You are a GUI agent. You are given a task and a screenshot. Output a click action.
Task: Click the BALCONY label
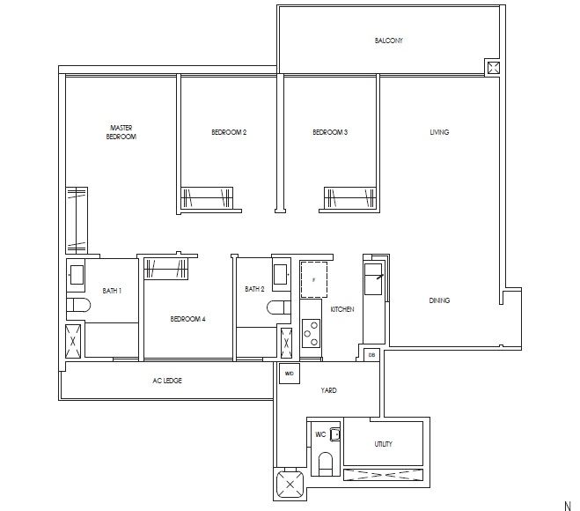pyautogui.click(x=388, y=41)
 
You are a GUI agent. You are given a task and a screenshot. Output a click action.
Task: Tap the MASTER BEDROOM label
pyautogui.click(x=121, y=132)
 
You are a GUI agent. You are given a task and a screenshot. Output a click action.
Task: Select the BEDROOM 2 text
pyautogui.click(x=229, y=132)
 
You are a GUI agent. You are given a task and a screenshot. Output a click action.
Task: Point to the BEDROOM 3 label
pyautogui.click(x=330, y=132)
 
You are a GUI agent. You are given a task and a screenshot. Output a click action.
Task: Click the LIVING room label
pyautogui.click(x=439, y=132)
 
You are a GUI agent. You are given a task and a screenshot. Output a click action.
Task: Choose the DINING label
pyautogui.click(x=439, y=300)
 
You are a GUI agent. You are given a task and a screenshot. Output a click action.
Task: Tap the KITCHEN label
pyautogui.click(x=342, y=310)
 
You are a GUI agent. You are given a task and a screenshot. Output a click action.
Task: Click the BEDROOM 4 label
pyautogui.click(x=187, y=319)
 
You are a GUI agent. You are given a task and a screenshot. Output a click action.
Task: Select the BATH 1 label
pyautogui.click(x=112, y=290)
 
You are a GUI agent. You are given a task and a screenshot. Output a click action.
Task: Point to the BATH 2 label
pyautogui.click(x=255, y=289)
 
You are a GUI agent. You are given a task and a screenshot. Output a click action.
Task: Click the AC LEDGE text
pyautogui.click(x=167, y=381)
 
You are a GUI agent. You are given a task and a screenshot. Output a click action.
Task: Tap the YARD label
pyautogui.click(x=328, y=390)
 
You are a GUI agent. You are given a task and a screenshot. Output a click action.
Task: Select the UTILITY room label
pyautogui.click(x=383, y=445)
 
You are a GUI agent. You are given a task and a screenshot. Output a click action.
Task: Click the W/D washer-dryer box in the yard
pyautogui.click(x=289, y=374)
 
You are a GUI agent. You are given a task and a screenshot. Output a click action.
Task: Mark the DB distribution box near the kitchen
pyautogui.click(x=371, y=354)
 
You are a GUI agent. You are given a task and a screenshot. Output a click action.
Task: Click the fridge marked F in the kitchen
pyautogui.click(x=314, y=278)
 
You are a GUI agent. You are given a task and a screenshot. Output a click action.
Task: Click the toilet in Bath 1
pyautogui.click(x=77, y=307)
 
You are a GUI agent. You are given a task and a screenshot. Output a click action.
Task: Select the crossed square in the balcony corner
pyautogui.click(x=492, y=68)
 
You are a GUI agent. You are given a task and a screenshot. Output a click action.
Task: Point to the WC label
pyautogui.click(x=319, y=434)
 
